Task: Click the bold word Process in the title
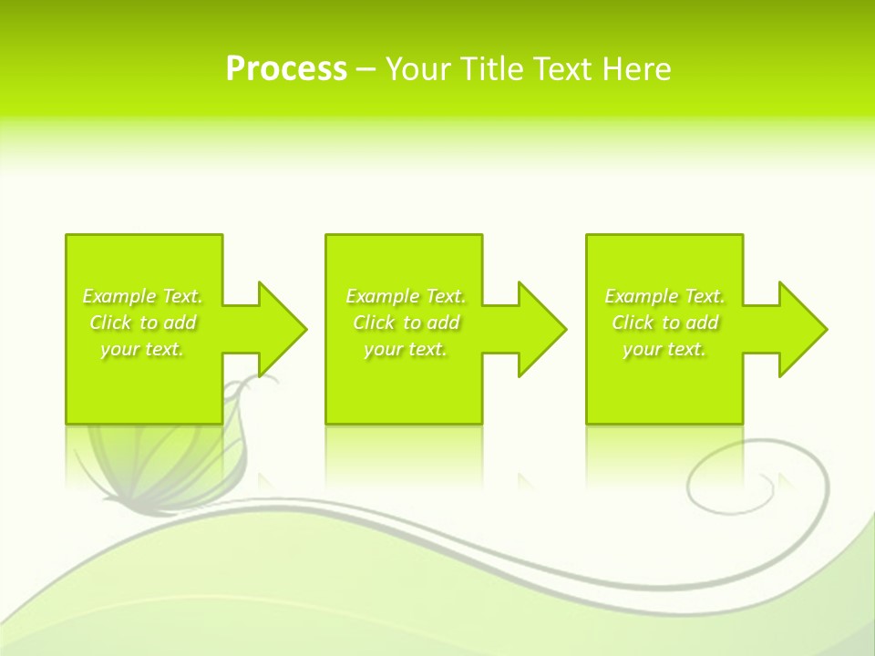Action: [286, 69]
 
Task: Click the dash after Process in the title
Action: [365, 70]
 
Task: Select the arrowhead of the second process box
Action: [541, 329]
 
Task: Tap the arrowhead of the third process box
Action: [802, 329]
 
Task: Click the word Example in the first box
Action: [119, 296]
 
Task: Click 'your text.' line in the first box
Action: [142, 349]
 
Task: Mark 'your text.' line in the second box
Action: [406, 349]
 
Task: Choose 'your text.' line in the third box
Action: [664, 349]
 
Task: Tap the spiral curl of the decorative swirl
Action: [720, 483]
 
